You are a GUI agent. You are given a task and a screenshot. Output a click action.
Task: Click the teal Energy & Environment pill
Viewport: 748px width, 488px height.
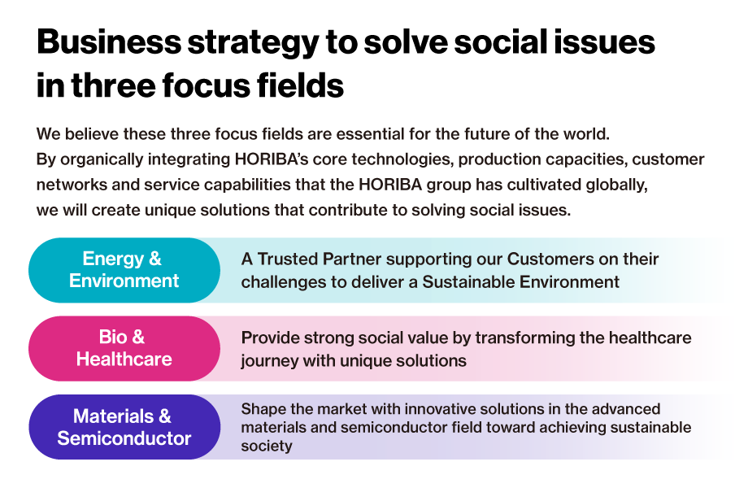pyautogui.click(x=124, y=270)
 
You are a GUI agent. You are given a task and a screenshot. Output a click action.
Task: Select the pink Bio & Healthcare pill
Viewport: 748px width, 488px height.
pyautogui.click(x=124, y=348)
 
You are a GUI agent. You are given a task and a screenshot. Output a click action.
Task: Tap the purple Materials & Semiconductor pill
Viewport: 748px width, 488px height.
pyautogui.click(x=124, y=427)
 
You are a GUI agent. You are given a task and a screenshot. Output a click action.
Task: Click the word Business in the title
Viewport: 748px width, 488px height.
pyautogui.click(x=109, y=42)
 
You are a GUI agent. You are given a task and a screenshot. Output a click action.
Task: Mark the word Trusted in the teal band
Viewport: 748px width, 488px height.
pyautogui.click(x=288, y=259)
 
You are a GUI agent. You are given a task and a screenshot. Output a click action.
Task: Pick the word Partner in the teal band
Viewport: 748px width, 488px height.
pyautogui.click(x=352, y=259)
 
